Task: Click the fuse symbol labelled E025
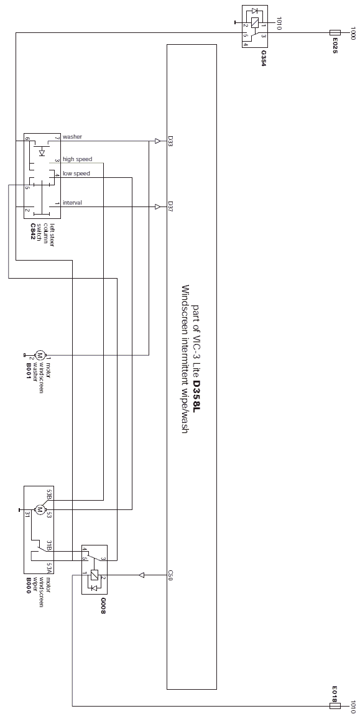335,32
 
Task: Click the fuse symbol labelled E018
335,706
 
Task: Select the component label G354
263,58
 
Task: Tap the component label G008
103,606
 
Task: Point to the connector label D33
170,141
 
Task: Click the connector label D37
170,206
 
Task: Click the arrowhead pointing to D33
158,141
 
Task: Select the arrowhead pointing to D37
158,206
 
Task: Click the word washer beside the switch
73,137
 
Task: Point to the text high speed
78,159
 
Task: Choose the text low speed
76,174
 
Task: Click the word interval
73,203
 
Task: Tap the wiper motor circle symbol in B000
39,509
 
